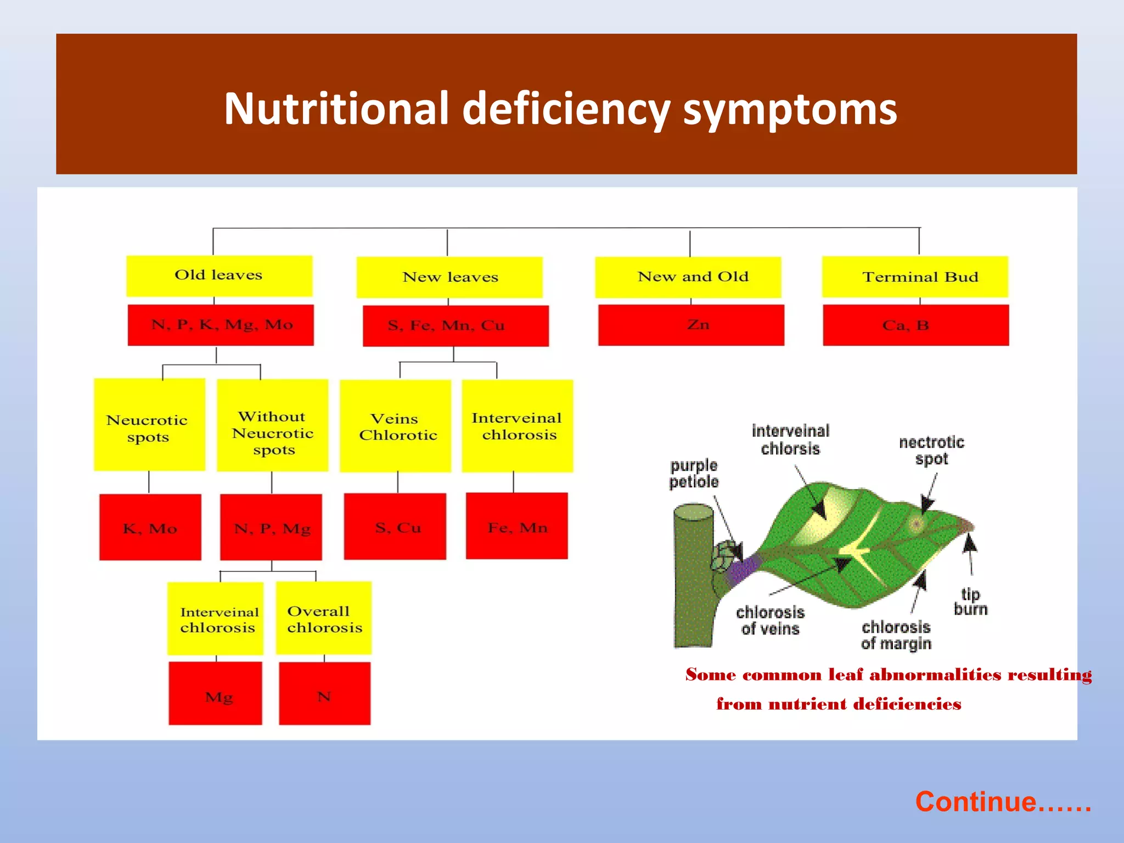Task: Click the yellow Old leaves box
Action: pyautogui.click(x=219, y=276)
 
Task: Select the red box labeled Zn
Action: pyautogui.click(x=691, y=325)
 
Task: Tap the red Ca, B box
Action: pyautogui.click(x=915, y=325)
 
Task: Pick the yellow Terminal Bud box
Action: pyautogui.click(x=915, y=277)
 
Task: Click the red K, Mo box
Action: pyautogui.click(x=150, y=527)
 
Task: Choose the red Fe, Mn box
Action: pyautogui.click(x=516, y=526)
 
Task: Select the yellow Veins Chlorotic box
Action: pyautogui.click(x=395, y=426)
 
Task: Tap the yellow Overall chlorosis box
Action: pyautogui.click(x=324, y=619)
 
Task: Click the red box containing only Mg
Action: pyautogui.click(x=215, y=694)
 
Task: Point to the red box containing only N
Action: pyautogui.click(x=324, y=694)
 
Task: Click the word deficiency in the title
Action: pyautogui.click(x=566, y=109)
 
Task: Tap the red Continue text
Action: pyautogui.click(x=1003, y=801)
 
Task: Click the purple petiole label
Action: pyautogui.click(x=694, y=473)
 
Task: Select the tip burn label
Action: pyautogui.click(x=970, y=602)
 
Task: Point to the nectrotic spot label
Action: pyautogui.click(x=931, y=450)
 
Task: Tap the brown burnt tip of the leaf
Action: pyautogui.click(x=965, y=526)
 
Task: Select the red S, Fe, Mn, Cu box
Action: pyautogui.click(x=456, y=326)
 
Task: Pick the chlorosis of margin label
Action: pyautogui.click(x=896, y=635)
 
